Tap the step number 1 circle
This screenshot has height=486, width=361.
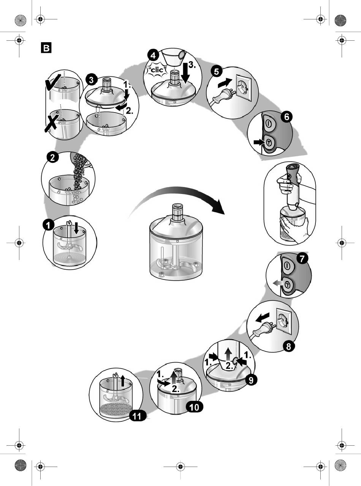(48, 226)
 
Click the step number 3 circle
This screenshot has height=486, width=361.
(91, 80)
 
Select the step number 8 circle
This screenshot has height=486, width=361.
(289, 346)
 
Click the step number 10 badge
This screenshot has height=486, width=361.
(194, 407)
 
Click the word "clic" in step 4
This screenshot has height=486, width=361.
(157, 70)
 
